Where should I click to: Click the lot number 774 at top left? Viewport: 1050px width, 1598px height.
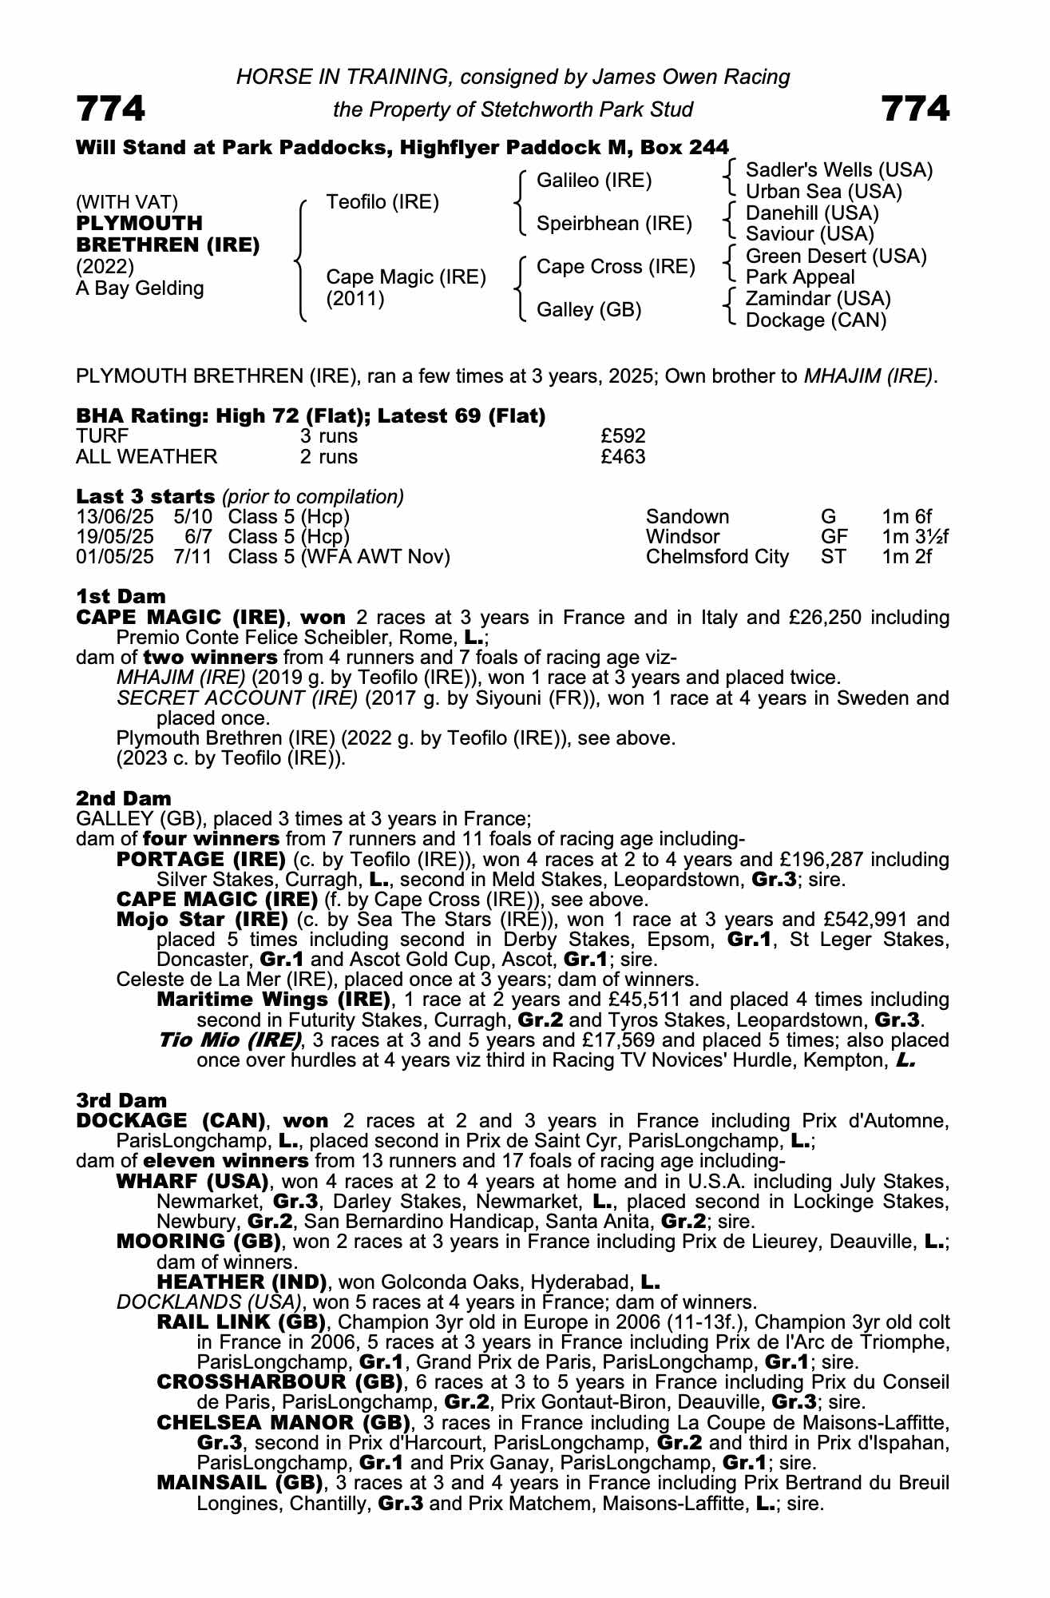click(x=111, y=108)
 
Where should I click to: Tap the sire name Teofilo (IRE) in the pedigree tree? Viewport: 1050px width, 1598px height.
click(x=382, y=202)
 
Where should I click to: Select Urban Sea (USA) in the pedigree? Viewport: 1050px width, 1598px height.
click(x=823, y=192)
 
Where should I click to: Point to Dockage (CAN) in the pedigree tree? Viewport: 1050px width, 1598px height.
click(x=815, y=320)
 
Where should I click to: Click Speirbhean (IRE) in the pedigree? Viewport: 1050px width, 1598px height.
click(x=614, y=224)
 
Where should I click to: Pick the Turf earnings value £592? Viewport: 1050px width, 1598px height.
click(x=623, y=436)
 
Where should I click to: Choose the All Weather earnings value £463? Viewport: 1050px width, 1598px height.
click(x=623, y=457)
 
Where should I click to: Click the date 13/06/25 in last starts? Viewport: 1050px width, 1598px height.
click(x=114, y=517)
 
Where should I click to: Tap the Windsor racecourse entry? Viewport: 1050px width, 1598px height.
click(x=683, y=537)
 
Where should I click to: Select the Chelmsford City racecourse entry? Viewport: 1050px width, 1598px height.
click(x=717, y=557)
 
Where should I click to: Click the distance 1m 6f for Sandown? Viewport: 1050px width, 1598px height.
click(x=907, y=517)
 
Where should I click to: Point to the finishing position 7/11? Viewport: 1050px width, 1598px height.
click(x=193, y=557)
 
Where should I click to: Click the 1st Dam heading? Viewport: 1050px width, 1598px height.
click(x=121, y=596)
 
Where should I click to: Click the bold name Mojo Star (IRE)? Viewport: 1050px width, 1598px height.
click(x=202, y=919)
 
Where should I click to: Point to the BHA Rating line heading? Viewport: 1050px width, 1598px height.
click(x=311, y=415)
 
